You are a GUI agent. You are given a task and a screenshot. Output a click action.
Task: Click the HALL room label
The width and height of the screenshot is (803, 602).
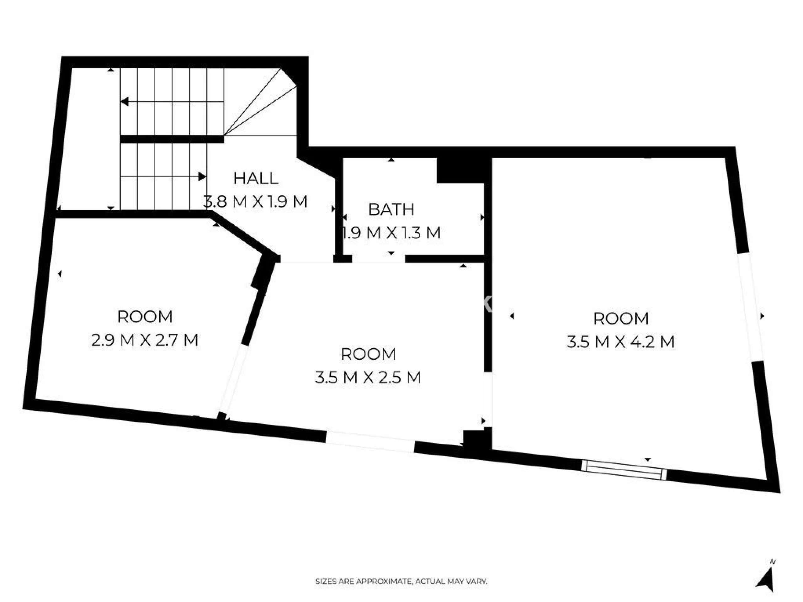(x=256, y=178)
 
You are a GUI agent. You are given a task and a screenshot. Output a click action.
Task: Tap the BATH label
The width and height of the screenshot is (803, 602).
(x=391, y=209)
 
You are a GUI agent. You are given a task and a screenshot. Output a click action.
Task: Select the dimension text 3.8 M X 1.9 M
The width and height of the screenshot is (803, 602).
(x=255, y=202)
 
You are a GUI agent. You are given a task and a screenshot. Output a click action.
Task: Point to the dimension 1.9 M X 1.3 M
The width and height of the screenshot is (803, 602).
(x=391, y=233)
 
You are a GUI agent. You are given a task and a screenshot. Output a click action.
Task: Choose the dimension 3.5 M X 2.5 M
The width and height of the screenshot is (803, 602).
(x=368, y=378)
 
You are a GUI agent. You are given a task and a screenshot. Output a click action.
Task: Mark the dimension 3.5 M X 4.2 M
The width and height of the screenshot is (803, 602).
(x=621, y=342)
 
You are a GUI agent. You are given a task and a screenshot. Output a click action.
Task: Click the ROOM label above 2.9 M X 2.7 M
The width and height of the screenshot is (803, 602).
(x=145, y=317)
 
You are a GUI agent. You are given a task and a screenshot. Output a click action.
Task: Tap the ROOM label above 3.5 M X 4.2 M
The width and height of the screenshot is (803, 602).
(x=621, y=319)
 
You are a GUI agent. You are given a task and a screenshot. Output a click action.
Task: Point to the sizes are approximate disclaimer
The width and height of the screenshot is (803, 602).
(x=401, y=582)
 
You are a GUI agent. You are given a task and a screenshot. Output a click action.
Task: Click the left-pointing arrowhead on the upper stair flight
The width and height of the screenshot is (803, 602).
(x=124, y=102)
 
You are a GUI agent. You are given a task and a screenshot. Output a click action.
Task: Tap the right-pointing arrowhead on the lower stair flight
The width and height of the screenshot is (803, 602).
(x=203, y=177)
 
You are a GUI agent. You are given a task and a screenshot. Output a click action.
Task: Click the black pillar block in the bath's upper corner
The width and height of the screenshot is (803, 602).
(x=460, y=171)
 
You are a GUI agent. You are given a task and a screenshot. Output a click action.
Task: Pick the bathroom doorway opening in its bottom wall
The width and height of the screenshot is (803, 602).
(x=379, y=259)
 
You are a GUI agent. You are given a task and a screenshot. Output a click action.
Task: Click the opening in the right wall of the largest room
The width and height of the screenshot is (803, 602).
(x=750, y=309)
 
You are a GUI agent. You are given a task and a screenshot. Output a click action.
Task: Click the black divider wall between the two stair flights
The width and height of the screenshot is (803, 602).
(x=172, y=139)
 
